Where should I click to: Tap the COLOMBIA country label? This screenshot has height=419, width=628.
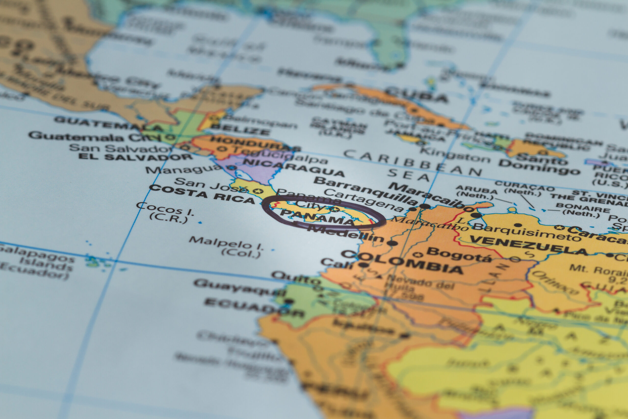click(x=402, y=262)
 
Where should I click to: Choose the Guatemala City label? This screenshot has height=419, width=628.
click(x=95, y=137)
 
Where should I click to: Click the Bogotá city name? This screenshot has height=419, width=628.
click(x=459, y=255)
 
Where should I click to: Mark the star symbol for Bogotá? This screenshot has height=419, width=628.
click(x=418, y=254)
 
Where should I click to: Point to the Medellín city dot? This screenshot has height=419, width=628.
click(x=392, y=243)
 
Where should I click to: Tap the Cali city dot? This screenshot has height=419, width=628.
click(x=363, y=265)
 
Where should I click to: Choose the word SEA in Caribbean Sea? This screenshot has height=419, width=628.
click(x=408, y=175)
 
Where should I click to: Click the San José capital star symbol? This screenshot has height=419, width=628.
click(x=258, y=191)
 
